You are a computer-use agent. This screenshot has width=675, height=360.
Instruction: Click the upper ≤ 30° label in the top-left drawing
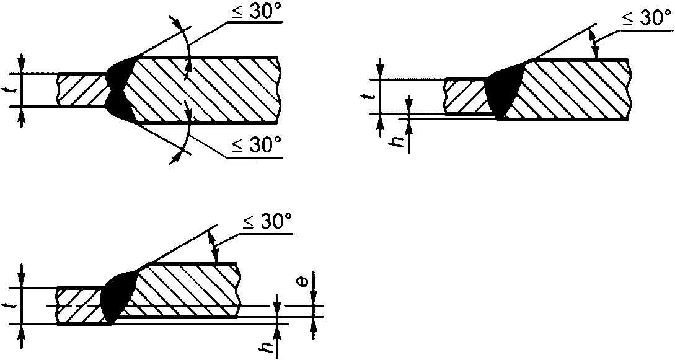pos(256,11)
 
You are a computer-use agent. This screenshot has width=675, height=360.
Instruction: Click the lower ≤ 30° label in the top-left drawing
pos(256,146)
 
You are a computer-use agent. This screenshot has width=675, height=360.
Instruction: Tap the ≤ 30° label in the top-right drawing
pos(646,19)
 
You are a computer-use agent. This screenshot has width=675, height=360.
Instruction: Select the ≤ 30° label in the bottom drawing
pos(267,223)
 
